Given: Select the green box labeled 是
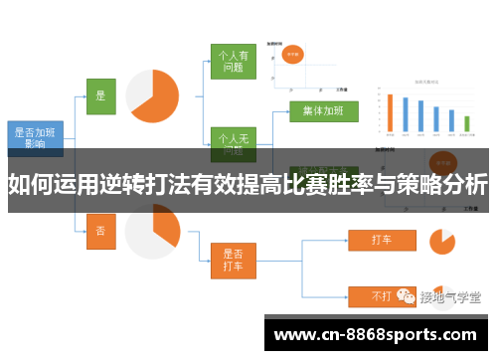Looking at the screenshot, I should (99, 96).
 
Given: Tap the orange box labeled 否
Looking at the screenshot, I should (99, 230).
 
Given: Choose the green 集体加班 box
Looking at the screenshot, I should (323, 110).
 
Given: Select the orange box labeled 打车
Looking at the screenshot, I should (381, 240).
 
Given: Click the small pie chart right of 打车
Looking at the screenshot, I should (441, 240).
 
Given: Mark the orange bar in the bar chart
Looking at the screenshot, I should (391, 113).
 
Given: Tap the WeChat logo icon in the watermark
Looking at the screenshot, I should (406, 296).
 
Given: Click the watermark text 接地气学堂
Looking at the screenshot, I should (450, 296).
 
